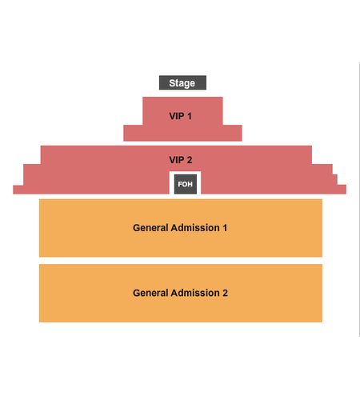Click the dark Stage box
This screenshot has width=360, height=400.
(182, 82)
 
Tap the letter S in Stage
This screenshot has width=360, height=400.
(172, 83)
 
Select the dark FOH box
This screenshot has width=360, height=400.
(186, 184)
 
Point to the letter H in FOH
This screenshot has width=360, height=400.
(190, 184)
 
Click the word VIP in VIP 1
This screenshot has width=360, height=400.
(177, 116)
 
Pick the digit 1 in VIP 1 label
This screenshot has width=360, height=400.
(189, 116)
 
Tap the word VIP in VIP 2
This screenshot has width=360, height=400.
(177, 160)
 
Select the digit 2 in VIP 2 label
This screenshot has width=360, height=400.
(190, 160)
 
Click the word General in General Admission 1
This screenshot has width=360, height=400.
(150, 228)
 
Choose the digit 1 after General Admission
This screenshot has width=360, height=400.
(225, 228)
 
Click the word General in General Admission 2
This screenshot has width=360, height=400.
(150, 293)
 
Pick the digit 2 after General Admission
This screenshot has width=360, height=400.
(226, 293)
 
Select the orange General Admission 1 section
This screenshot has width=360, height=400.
(181, 246)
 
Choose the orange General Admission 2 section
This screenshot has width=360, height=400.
(181, 310)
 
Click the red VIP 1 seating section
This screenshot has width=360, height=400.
(182, 130)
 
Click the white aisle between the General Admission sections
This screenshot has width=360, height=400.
(181, 261)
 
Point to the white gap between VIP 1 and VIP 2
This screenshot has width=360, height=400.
(182, 143)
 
